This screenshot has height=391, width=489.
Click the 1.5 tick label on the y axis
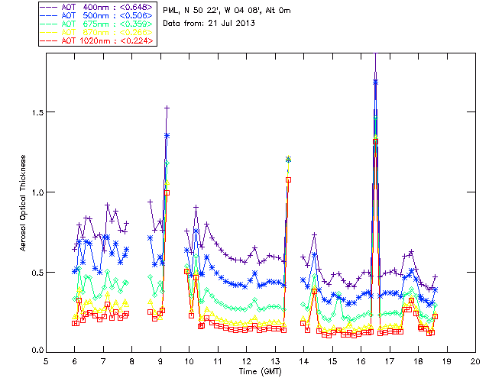coord(35,112)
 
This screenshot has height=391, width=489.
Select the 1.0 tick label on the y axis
coord(35,192)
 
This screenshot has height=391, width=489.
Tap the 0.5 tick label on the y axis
coord(35,273)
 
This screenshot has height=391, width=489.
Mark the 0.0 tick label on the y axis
coord(35,352)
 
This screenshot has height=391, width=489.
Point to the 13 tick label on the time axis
coord(275,361)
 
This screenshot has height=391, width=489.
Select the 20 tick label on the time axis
coord(475,361)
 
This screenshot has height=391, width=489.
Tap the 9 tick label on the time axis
coord(160,361)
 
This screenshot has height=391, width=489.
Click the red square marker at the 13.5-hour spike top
coord(289,179)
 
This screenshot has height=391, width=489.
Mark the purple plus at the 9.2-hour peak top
coord(167,108)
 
